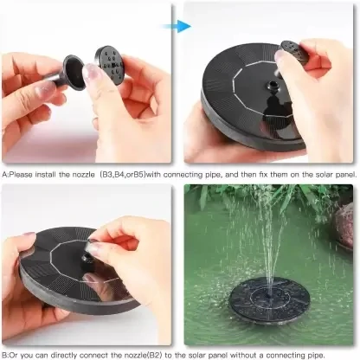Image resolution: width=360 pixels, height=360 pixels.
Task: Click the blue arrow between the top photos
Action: click(x=179, y=27)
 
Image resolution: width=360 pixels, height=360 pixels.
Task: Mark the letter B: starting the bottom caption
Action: click(x=6, y=355)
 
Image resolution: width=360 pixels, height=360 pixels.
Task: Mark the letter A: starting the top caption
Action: click(x=6, y=175)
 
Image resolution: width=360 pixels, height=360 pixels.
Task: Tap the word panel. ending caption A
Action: click(x=344, y=175)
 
